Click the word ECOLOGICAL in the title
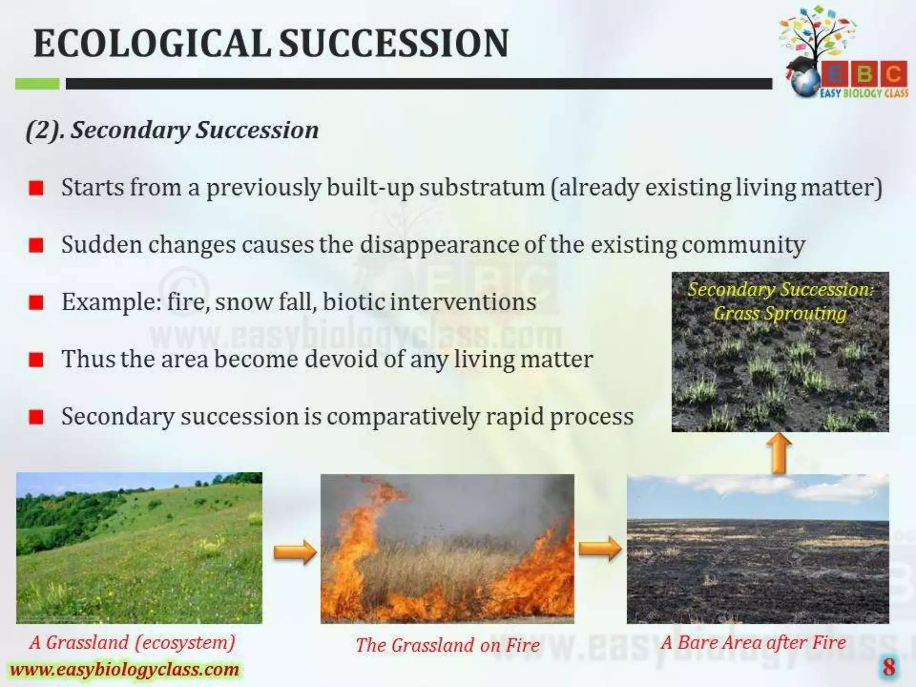(x=152, y=43)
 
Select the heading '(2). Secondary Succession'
(x=172, y=130)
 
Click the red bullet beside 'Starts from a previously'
(x=36, y=188)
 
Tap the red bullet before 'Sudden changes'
(x=36, y=246)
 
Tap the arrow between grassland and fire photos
(x=294, y=551)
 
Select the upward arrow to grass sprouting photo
(x=779, y=454)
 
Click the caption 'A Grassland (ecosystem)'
(x=132, y=643)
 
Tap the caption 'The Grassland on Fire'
(x=447, y=645)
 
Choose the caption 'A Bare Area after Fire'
(x=753, y=643)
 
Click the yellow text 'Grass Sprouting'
(x=780, y=313)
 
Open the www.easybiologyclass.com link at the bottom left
(x=124, y=670)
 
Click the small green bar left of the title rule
(x=37, y=84)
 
